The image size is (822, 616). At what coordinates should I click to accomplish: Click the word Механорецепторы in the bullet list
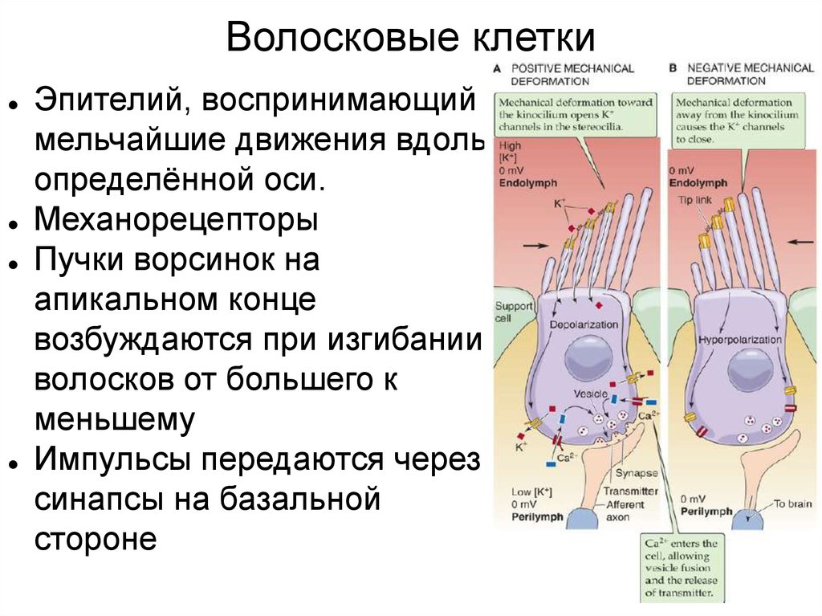pyautogui.click(x=176, y=220)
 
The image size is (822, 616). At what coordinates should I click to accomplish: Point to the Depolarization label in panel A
pyautogui.click(x=584, y=324)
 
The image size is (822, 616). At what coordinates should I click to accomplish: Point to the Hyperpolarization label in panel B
pyautogui.click(x=740, y=339)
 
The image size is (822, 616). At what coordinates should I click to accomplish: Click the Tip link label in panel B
pyautogui.click(x=692, y=198)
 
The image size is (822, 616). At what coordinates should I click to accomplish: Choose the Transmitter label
pyautogui.click(x=631, y=491)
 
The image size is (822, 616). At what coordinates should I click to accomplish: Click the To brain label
pyautogui.click(x=792, y=504)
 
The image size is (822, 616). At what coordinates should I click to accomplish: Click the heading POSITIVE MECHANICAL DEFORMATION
pyautogui.click(x=572, y=75)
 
